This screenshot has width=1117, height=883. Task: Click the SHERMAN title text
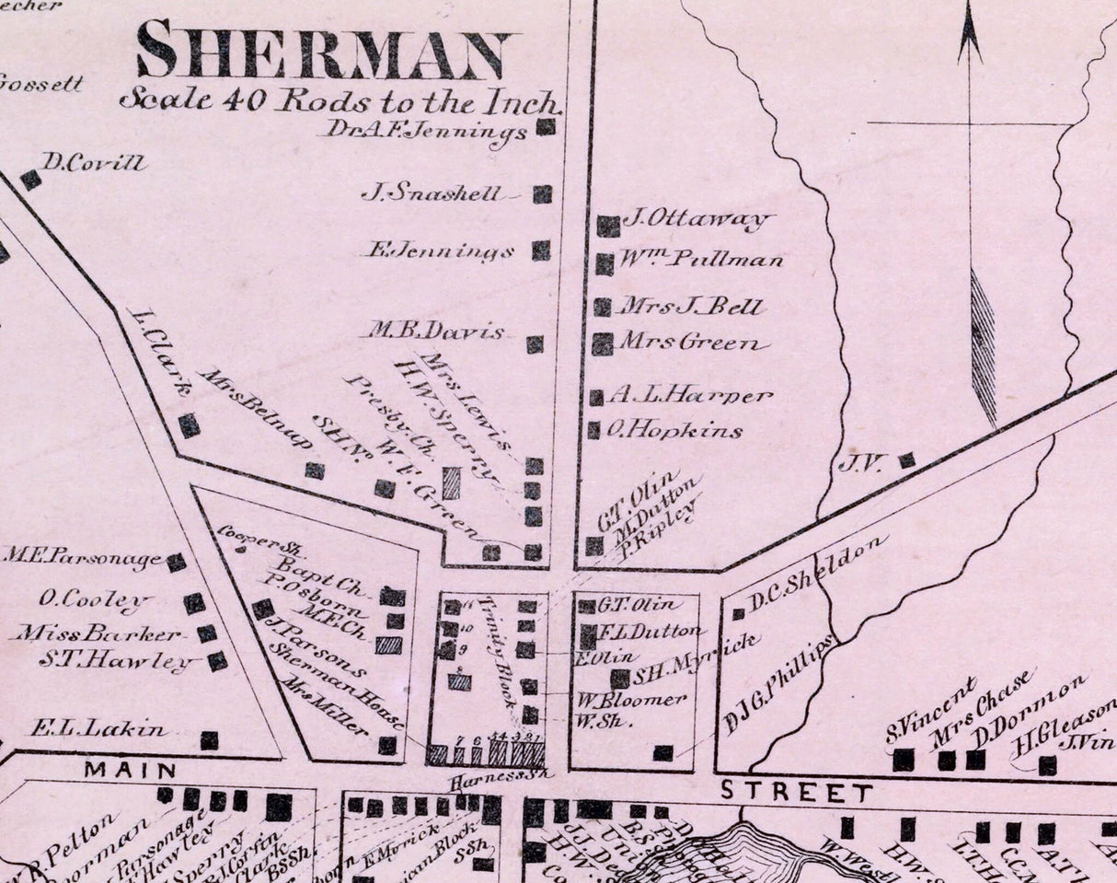point(324,51)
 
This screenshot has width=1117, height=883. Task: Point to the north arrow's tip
point(969,11)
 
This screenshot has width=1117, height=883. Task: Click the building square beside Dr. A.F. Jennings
point(547,127)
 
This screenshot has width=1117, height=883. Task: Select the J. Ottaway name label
point(696,219)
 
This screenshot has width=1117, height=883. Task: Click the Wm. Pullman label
point(703,259)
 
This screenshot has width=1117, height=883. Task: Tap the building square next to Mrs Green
point(603,344)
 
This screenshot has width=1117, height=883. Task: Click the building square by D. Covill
point(30,180)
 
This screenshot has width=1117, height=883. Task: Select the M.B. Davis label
point(437,331)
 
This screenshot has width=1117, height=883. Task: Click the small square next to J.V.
point(907,459)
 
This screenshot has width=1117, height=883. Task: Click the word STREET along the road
point(796,791)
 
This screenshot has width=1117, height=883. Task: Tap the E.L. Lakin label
point(98,729)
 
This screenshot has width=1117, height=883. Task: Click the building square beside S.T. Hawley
point(217,661)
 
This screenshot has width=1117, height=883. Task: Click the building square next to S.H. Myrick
point(620,679)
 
